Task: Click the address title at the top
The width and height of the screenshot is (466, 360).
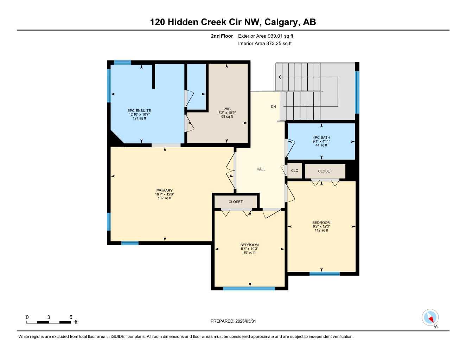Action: coord(233,22)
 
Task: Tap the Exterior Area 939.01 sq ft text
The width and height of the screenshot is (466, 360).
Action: coord(266,36)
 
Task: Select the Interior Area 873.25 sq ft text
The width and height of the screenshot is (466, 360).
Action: coord(265,44)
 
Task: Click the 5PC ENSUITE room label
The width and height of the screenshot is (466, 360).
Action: coord(139,111)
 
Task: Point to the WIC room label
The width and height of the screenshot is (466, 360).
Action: coord(227,109)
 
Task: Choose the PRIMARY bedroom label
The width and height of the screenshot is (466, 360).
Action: coord(165,191)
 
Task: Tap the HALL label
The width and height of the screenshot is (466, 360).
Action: coord(261,169)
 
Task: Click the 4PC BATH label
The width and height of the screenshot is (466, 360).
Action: coord(321,138)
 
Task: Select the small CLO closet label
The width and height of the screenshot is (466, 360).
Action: coord(295,171)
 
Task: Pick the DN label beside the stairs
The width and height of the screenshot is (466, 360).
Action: coord(273,107)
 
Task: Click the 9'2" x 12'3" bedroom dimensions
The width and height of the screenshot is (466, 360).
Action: coord(321,227)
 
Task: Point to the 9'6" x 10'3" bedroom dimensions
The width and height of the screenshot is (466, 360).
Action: coord(249,249)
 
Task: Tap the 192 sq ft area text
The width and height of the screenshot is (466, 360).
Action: coord(165,198)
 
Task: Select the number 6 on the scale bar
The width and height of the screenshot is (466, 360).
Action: coord(71,317)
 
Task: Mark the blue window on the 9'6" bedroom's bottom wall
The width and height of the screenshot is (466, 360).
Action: coord(249,289)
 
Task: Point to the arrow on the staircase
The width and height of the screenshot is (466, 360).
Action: coord(280,77)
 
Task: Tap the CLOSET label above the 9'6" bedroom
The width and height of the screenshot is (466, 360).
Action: coord(236,202)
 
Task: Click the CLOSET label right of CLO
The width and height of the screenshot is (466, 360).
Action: coord(325,171)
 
